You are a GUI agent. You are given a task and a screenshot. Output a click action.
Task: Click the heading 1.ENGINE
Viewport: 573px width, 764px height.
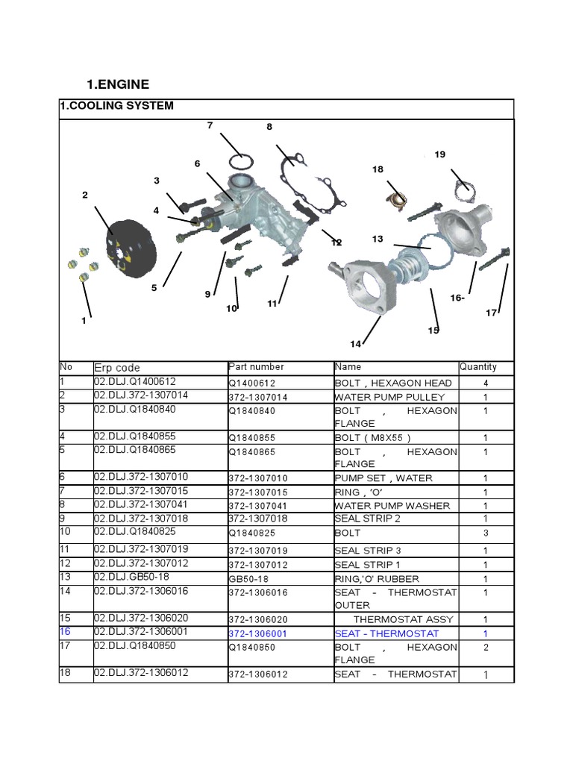(119, 84)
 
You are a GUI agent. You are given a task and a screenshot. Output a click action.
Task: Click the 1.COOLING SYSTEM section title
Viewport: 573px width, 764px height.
(116, 106)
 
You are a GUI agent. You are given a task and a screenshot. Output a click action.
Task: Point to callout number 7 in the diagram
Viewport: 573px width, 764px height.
(210, 125)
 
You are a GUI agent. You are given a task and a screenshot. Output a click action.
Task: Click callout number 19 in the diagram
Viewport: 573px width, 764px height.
(439, 154)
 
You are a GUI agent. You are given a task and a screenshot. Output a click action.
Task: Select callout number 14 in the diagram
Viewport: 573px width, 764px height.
(355, 343)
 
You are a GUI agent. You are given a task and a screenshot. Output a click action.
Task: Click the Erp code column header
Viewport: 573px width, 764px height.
(117, 368)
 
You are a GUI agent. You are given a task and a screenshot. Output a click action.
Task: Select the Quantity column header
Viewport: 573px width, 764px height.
(477, 367)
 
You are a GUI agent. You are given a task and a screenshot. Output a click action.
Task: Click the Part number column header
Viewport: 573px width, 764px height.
(256, 367)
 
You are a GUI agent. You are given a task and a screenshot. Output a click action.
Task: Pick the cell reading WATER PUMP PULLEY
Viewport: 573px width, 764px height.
(389, 397)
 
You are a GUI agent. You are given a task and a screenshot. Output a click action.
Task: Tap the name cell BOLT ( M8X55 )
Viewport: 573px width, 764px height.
(373, 438)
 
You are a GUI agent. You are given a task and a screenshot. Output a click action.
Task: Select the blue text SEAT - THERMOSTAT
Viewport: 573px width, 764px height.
(386, 633)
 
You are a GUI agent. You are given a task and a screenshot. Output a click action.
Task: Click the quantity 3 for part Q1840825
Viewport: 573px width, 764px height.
(486, 533)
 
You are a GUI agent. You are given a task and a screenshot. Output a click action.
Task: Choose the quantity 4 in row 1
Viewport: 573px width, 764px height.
(486, 383)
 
